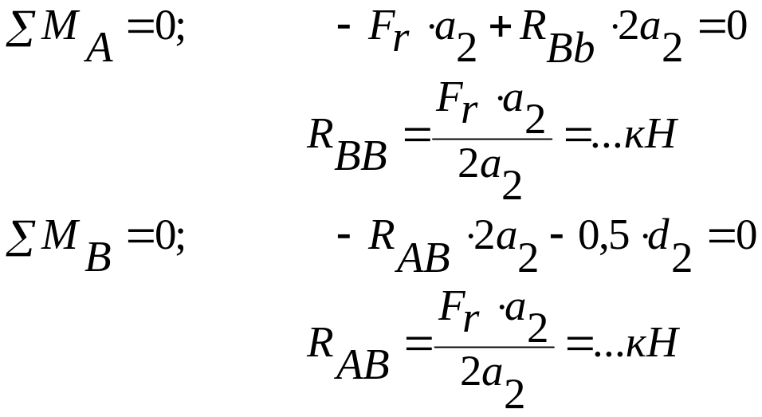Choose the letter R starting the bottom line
point(320,344)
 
